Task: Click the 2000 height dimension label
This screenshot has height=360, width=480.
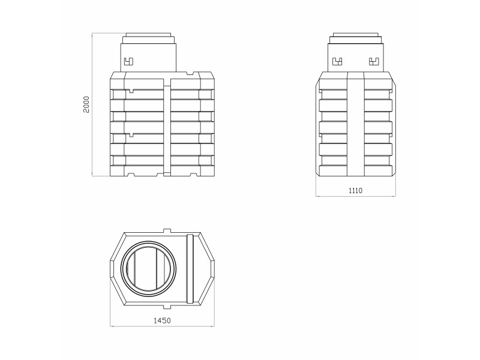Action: (x=86, y=104)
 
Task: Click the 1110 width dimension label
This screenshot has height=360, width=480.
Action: (x=355, y=191)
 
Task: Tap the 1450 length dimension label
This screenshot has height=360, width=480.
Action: (x=162, y=320)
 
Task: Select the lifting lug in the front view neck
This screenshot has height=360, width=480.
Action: (x=128, y=62)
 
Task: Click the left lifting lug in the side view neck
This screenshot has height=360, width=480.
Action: (x=337, y=62)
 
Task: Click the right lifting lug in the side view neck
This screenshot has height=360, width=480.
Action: (x=374, y=62)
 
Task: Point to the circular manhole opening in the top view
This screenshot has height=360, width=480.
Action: (x=148, y=268)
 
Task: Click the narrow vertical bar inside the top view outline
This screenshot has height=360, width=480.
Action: (x=190, y=268)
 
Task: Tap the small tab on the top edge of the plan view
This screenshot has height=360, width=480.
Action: (x=167, y=230)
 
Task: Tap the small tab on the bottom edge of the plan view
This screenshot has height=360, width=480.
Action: (x=167, y=307)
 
